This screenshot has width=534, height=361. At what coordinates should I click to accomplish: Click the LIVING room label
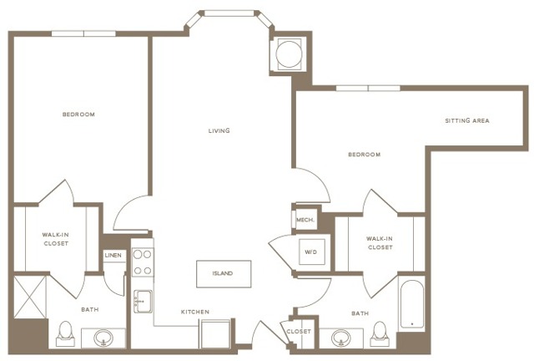[219, 130]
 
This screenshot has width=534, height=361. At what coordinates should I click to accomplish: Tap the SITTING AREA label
[466, 120]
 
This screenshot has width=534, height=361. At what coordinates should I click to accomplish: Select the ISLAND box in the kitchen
[222, 273]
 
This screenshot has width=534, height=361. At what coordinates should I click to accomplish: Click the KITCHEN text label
[195, 312]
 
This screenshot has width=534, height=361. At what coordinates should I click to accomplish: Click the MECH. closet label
[304, 220]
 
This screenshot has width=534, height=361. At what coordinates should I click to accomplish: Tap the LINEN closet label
[113, 255]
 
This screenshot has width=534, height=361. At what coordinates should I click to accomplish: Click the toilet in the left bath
[65, 336]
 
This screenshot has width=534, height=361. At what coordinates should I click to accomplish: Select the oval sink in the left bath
[104, 338]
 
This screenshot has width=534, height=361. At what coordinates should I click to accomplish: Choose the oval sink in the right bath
[340, 338]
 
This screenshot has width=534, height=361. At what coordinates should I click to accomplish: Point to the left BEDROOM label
[78, 114]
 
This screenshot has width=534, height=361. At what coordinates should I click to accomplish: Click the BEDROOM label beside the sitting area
[364, 154]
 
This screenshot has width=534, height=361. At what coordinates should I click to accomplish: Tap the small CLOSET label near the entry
[299, 332]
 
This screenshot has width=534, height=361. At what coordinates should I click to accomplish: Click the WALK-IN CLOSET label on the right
[380, 242]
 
